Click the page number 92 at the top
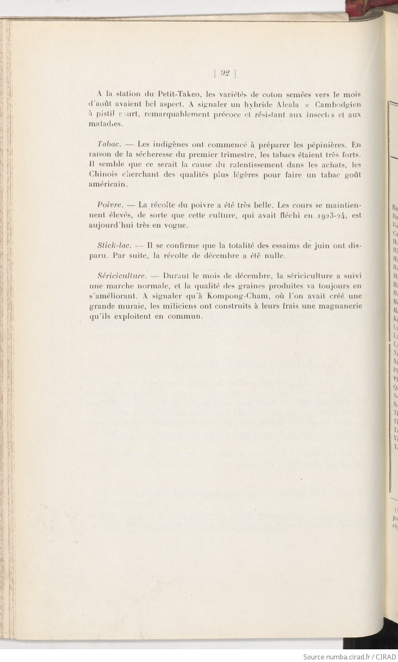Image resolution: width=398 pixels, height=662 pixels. (224, 73)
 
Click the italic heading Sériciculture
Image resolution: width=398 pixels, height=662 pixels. (122, 276)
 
